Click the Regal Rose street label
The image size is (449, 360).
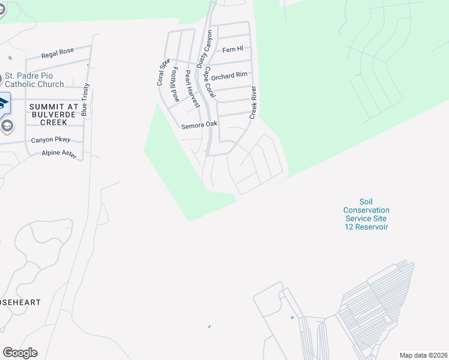(x=58, y=53)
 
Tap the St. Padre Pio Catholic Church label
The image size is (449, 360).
(x=34, y=80)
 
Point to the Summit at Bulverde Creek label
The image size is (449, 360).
(x=54, y=114)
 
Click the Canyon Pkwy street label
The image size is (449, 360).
(x=50, y=140)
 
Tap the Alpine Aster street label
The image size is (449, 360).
(x=59, y=154)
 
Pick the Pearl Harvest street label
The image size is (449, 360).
(x=191, y=89)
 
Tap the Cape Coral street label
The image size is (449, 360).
(x=209, y=82)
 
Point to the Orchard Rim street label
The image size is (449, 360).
(x=229, y=76)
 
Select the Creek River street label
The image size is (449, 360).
(x=253, y=102)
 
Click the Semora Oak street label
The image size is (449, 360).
(x=200, y=126)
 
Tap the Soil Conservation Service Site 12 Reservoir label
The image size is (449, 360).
(x=366, y=214)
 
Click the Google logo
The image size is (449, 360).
(x=20, y=353)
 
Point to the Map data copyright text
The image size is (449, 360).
(x=423, y=355)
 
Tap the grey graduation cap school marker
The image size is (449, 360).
(x=7, y=125)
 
